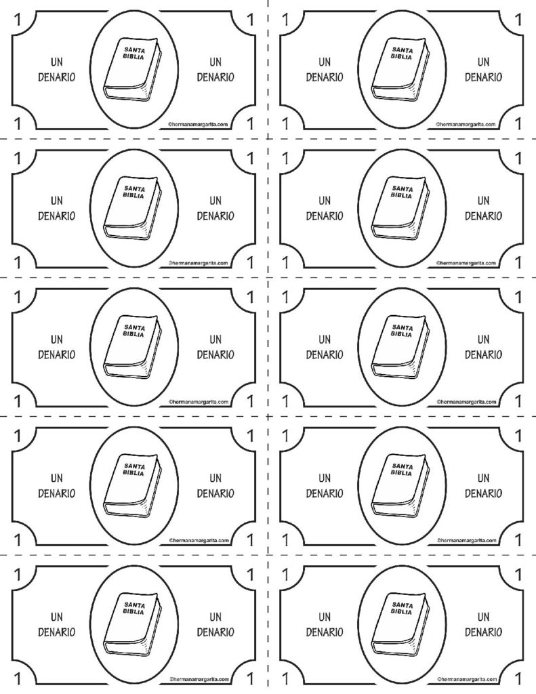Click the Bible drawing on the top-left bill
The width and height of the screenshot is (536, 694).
pos(132,70)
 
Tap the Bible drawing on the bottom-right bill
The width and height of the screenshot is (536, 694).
pos(400,624)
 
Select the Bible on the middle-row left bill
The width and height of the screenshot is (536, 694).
pos(132,347)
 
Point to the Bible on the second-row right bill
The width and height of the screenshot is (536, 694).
pos(400,209)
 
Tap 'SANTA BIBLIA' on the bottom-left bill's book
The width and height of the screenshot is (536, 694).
pos(133,609)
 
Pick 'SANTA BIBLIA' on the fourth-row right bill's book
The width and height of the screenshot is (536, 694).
pos(402,470)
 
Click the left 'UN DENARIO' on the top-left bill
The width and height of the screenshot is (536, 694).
pos(57,70)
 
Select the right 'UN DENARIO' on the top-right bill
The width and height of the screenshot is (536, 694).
pos(483,70)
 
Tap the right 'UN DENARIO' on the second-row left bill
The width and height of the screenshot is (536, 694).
pos(215,209)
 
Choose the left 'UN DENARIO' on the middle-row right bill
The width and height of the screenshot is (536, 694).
pos(325,347)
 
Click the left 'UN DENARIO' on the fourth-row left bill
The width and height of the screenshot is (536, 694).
pos(57,485)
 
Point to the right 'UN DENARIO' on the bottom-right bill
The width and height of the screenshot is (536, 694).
pos(483,624)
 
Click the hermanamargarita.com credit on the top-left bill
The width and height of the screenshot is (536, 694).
pos(199,125)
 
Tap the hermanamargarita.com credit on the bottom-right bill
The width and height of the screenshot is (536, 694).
pos(466,679)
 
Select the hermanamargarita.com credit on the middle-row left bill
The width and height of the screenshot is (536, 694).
pos(199,402)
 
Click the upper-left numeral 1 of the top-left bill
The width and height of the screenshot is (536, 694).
pos(18,20)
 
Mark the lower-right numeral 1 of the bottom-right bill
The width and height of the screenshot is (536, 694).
pos(518,678)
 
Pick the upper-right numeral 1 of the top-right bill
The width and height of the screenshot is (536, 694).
pos(518,20)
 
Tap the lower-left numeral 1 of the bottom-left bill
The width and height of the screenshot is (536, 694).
pos(18,678)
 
